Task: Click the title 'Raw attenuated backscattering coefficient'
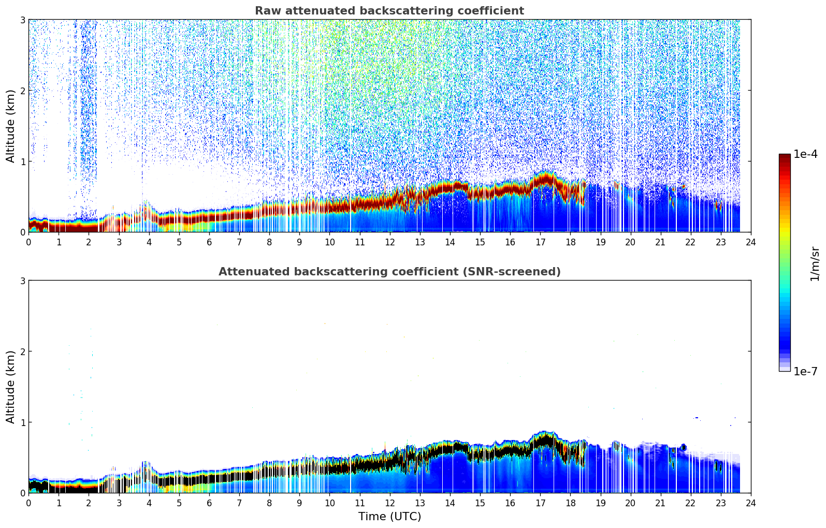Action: pyautogui.click(x=389, y=11)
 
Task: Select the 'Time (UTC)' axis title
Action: pyautogui.click(x=389, y=517)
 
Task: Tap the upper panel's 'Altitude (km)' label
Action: pyautogui.click(x=10, y=126)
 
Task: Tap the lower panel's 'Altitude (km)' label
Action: pyautogui.click(x=10, y=387)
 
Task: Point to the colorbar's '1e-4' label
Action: pyautogui.click(x=805, y=154)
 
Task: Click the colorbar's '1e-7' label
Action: pyautogui.click(x=805, y=372)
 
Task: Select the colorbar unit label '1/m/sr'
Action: pyautogui.click(x=815, y=263)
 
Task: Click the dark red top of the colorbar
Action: pyautogui.click(x=785, y=156)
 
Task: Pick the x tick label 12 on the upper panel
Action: pyautogui.click(x=389, y=242)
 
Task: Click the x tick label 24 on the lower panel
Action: pyautogui.click(x=751, y=503)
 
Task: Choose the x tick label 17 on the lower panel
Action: pyautogui.click(x=540, y=503)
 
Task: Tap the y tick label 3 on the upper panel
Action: pyautogui.click(x=23, y=20)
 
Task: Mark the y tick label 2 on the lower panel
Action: pyautogui.click(x=23, y=351)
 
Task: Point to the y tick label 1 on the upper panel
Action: pyautogui.click(x=23, y=162)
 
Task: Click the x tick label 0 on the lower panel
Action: pyautogui.click(x=28, y=503)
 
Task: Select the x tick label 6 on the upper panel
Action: pyautogui.click(x=209, y=242)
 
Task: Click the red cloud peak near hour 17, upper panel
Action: pyautogui.click(x=544, y=179)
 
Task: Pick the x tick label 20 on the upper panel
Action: pyautogui.click(x=630, y=242)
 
